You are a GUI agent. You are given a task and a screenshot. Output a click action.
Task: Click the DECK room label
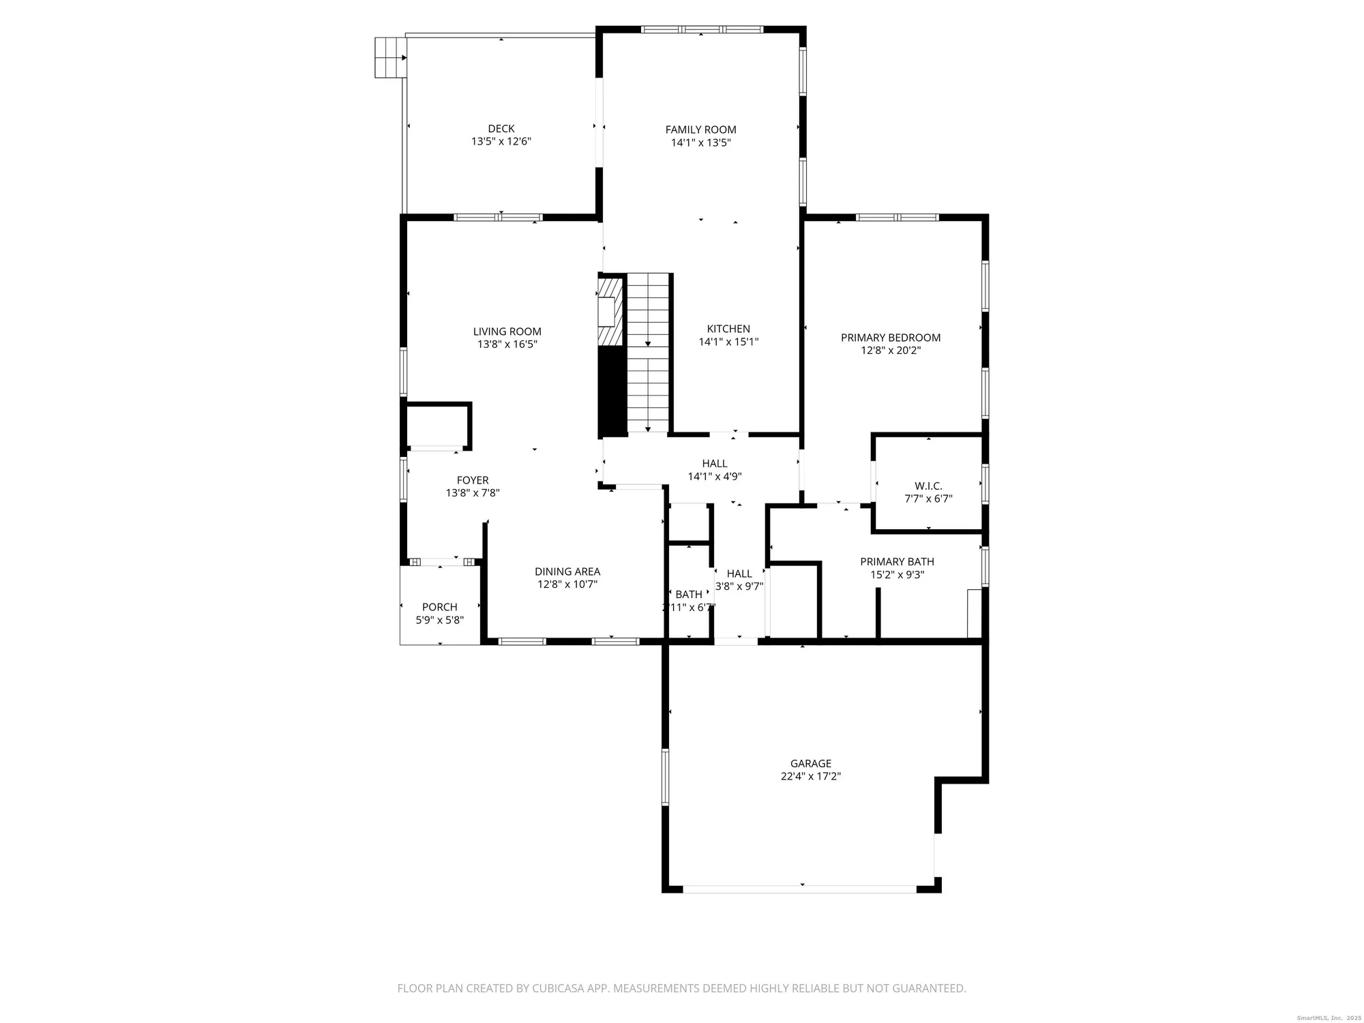tap(501, 128)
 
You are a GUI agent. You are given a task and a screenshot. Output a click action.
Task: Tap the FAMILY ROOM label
tap(700, 130)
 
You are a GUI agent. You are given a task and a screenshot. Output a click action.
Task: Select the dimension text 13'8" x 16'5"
tap(507, 344)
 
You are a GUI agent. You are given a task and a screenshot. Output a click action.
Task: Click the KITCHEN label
tap(728, 329)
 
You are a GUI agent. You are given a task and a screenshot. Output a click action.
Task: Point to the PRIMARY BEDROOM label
tap(890, 338)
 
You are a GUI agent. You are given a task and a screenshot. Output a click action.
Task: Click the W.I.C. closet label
tap(928, 486)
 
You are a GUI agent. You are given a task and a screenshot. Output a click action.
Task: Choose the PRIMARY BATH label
tap(897, 562)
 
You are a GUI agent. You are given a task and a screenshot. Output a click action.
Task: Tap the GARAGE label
tap(810, 764)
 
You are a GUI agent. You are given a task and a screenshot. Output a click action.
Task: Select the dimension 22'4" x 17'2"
tap(810, 776)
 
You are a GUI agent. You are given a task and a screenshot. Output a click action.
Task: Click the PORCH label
tap(439, 607)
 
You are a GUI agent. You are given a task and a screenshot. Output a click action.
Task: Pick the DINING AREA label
tap(567, 572)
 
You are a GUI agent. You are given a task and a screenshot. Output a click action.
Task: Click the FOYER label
tap(472, 480)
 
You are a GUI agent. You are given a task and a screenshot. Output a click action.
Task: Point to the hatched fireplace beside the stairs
tap(610, 311)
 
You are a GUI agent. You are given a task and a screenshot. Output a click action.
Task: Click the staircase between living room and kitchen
tap(648, 351)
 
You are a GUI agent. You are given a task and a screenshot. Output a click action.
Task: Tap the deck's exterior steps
tap(390, 57)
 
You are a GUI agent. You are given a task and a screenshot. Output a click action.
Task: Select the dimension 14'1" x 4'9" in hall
tap(714, 477)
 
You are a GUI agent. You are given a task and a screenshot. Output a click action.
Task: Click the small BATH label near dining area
tap(688, 595)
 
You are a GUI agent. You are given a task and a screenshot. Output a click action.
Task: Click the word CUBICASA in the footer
tap(561, 988)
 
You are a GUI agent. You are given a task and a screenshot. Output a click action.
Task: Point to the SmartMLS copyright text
tap(1326, 1018)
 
